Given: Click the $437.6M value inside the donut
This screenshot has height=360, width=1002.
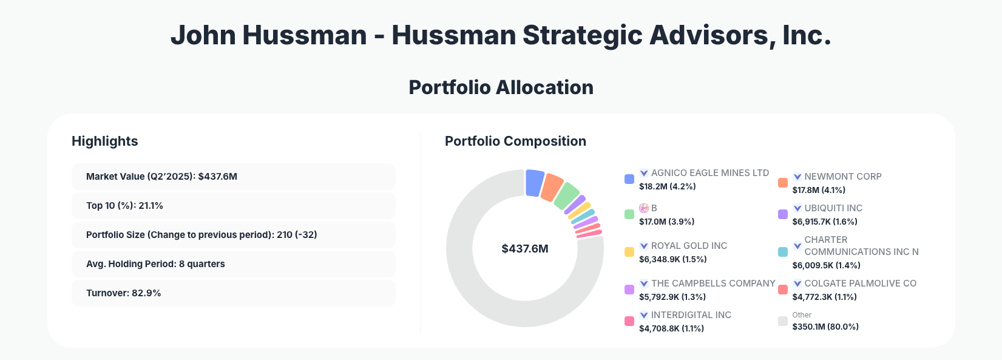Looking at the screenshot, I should [x=525, y=249].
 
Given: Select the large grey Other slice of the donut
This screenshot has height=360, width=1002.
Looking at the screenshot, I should [x=479, y=291].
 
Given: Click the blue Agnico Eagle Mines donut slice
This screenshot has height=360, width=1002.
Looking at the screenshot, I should [x=534, y=183].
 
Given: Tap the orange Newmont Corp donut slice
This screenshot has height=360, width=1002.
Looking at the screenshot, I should [x=552, y=188].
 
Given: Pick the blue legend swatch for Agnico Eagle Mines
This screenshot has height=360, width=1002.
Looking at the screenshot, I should [x=629, y=179].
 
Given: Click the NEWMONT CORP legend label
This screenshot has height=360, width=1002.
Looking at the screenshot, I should [x=842, y=177].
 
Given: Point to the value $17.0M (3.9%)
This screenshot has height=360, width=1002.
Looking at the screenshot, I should [x=666, y=222].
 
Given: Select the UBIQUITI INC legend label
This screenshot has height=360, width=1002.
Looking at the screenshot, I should [x=833, y=208].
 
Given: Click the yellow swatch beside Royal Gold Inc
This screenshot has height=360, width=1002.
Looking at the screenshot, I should [x=629, y=252].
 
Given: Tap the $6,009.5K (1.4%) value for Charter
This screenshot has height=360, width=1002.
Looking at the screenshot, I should [x=826, y=265].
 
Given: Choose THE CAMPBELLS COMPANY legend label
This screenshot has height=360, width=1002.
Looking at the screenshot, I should [x=713, y=284].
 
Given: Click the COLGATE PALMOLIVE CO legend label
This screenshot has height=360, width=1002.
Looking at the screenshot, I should [x=860, y=284].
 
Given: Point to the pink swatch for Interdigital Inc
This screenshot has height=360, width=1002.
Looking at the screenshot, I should [x=629, y=321].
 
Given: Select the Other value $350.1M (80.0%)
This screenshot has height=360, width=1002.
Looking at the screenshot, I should [x=825, y=327].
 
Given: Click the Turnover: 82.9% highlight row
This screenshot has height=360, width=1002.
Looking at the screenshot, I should [x=233, y=293].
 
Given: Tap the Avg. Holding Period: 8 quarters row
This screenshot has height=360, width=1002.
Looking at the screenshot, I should [x=233, y=264].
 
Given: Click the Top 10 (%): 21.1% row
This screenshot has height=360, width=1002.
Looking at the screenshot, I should [x=233, y=206].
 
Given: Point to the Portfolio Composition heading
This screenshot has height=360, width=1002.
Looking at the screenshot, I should [x=515, y=141].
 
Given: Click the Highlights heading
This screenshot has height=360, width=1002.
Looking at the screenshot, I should [x=105, y=141].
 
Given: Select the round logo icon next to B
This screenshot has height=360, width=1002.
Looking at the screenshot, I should [x=644, y=208].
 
